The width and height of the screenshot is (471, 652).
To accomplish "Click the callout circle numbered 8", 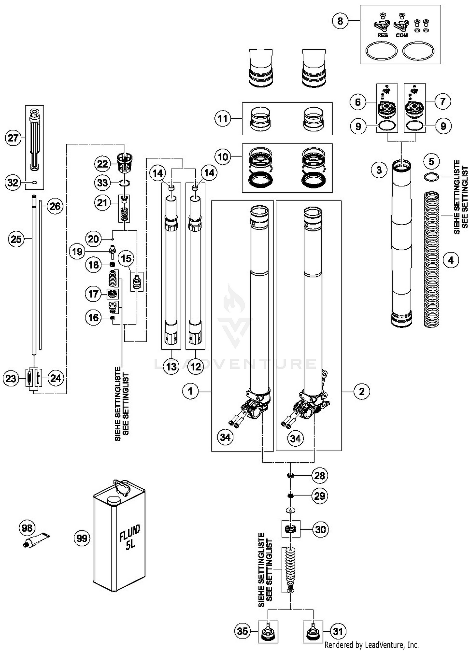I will [340, 21].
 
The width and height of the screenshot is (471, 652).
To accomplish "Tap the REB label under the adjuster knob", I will [382, 35].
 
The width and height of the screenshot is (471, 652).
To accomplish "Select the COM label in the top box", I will [402, 35].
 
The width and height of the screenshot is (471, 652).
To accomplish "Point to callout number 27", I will [13, 138].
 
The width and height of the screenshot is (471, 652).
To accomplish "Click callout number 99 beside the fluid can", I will [82, 538].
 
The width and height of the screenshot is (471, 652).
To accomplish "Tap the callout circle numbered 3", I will [379, 170].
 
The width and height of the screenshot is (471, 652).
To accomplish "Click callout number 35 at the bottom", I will [242, 631].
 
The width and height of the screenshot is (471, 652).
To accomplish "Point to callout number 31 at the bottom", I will [338, 631].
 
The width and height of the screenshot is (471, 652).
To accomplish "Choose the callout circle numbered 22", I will [103, 164].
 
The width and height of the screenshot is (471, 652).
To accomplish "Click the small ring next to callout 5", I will [431, 177].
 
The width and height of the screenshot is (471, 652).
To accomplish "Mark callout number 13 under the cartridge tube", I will [171, 366].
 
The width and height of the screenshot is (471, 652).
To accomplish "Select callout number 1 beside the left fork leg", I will [190, 391].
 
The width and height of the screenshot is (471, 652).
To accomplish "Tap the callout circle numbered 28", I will [320, 476].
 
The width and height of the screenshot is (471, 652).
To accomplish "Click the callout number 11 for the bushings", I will [223, 119].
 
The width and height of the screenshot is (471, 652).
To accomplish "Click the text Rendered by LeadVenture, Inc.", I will [371, 645].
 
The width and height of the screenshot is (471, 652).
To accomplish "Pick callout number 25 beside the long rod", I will [16, 239].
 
